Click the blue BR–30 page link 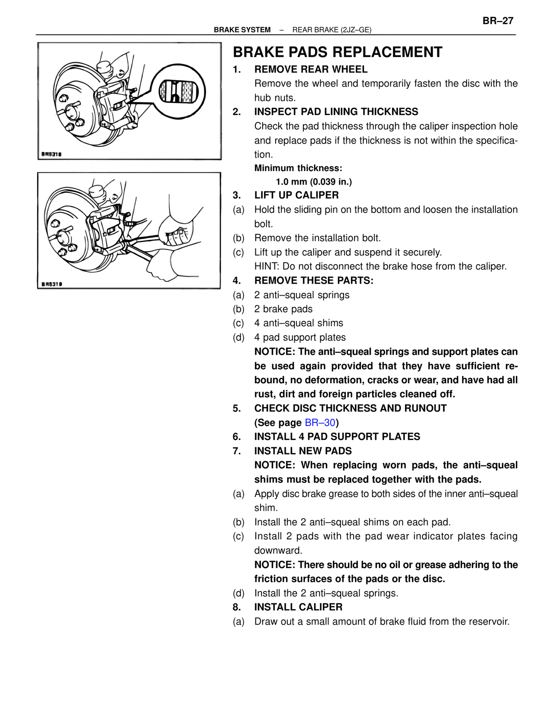coord(320,423)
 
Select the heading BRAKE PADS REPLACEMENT coord(338,52)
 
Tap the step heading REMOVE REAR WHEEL coord(311,69)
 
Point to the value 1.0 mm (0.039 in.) coord(314,182)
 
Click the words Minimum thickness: coord(298,168)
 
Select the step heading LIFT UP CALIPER coord(296,195)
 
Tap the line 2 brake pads coord(283,309)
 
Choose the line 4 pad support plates coord(300,337)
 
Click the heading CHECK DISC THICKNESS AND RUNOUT coord(351,408)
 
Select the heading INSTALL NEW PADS coord(303,451)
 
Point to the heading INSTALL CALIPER coord(298,607)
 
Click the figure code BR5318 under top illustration coord(52,154)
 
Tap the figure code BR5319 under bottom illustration coord(52,284)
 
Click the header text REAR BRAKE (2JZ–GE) coord(332,30)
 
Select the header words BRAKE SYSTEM coord(242,30)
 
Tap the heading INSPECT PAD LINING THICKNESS coord(336,112)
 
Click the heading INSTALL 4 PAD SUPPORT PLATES coord(337,436)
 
